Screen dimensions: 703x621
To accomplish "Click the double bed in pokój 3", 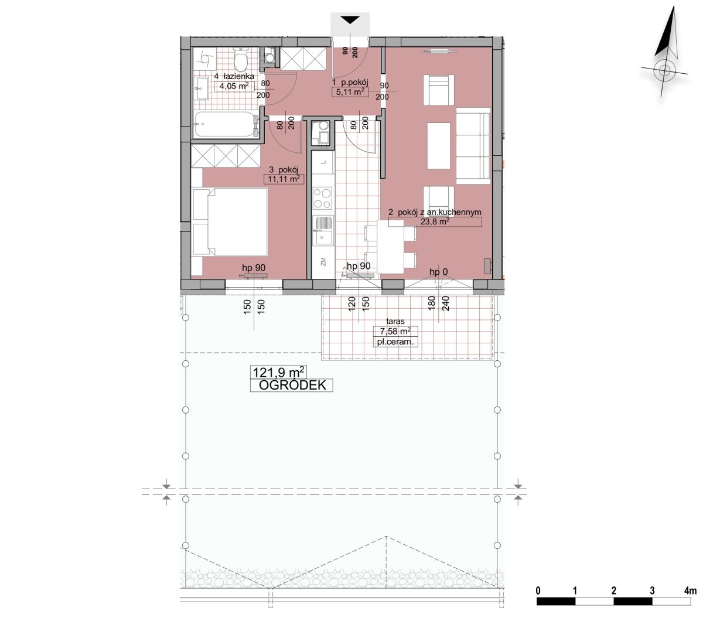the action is (x=230, y=222).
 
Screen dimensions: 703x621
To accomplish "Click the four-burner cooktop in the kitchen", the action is (x=322, y=198).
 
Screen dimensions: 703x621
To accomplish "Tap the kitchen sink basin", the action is (x=323, y=238).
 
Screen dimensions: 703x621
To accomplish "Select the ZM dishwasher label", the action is (x=323, y=261).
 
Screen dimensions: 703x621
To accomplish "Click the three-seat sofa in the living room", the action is (x=473, y=145).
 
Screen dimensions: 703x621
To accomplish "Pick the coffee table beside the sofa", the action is (x=439, y=146).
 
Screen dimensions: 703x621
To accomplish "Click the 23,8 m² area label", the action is (x=435, y=221).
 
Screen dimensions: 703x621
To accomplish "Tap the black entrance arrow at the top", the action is (x=350, y=20).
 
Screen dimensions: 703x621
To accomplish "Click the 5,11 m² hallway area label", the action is (x=350, y=92).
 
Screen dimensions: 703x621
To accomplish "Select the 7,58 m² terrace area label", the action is (x=395, y=331).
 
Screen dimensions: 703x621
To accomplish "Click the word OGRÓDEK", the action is (x=292, y=385).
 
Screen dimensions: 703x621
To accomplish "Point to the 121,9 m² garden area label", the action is (x=279, y=373).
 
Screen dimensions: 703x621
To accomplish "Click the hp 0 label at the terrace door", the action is (x=439, y=272).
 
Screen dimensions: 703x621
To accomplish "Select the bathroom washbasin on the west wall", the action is (x=201, y=88).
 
